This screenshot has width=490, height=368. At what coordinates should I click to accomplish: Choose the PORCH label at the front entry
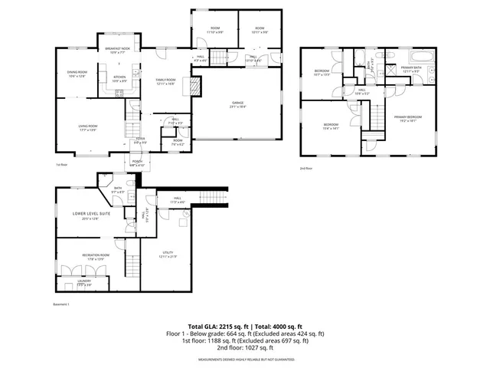(138, 163)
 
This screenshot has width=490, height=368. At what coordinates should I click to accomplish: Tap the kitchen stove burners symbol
(120, 94)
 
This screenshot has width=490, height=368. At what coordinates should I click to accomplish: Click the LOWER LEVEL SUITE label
(91, 214)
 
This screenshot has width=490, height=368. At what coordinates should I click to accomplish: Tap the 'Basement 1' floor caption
(61, 304)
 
